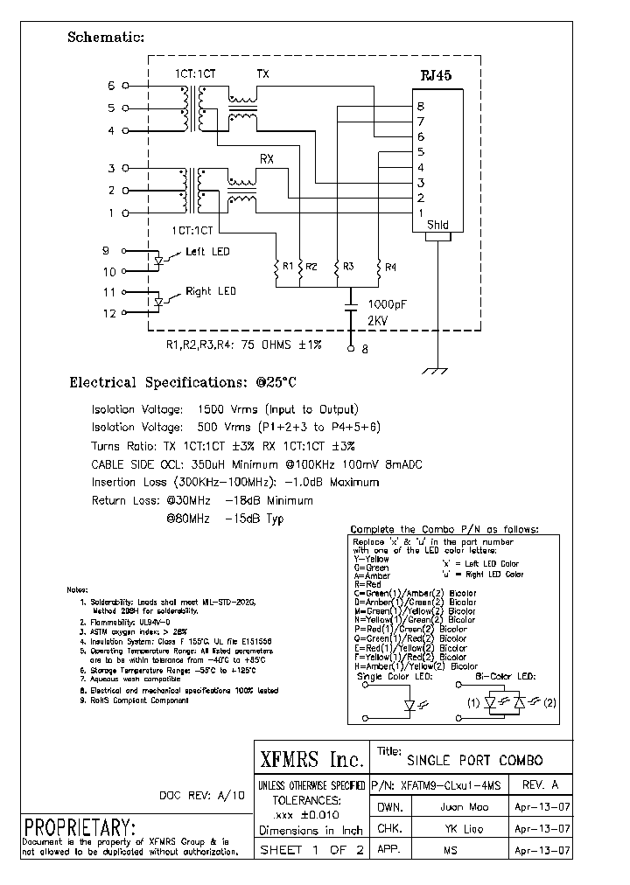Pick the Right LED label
(x=210, y=291)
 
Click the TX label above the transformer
(x=262, y=74)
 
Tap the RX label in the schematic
(x=267, y=159)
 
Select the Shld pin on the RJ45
(x=437, y=225)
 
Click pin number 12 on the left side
(x=110, y=313)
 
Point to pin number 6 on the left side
(x=111, y=86)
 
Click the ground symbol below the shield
(x=430, y=371)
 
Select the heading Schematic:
(x=106, y=37)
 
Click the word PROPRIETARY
(x=80, y=827)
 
